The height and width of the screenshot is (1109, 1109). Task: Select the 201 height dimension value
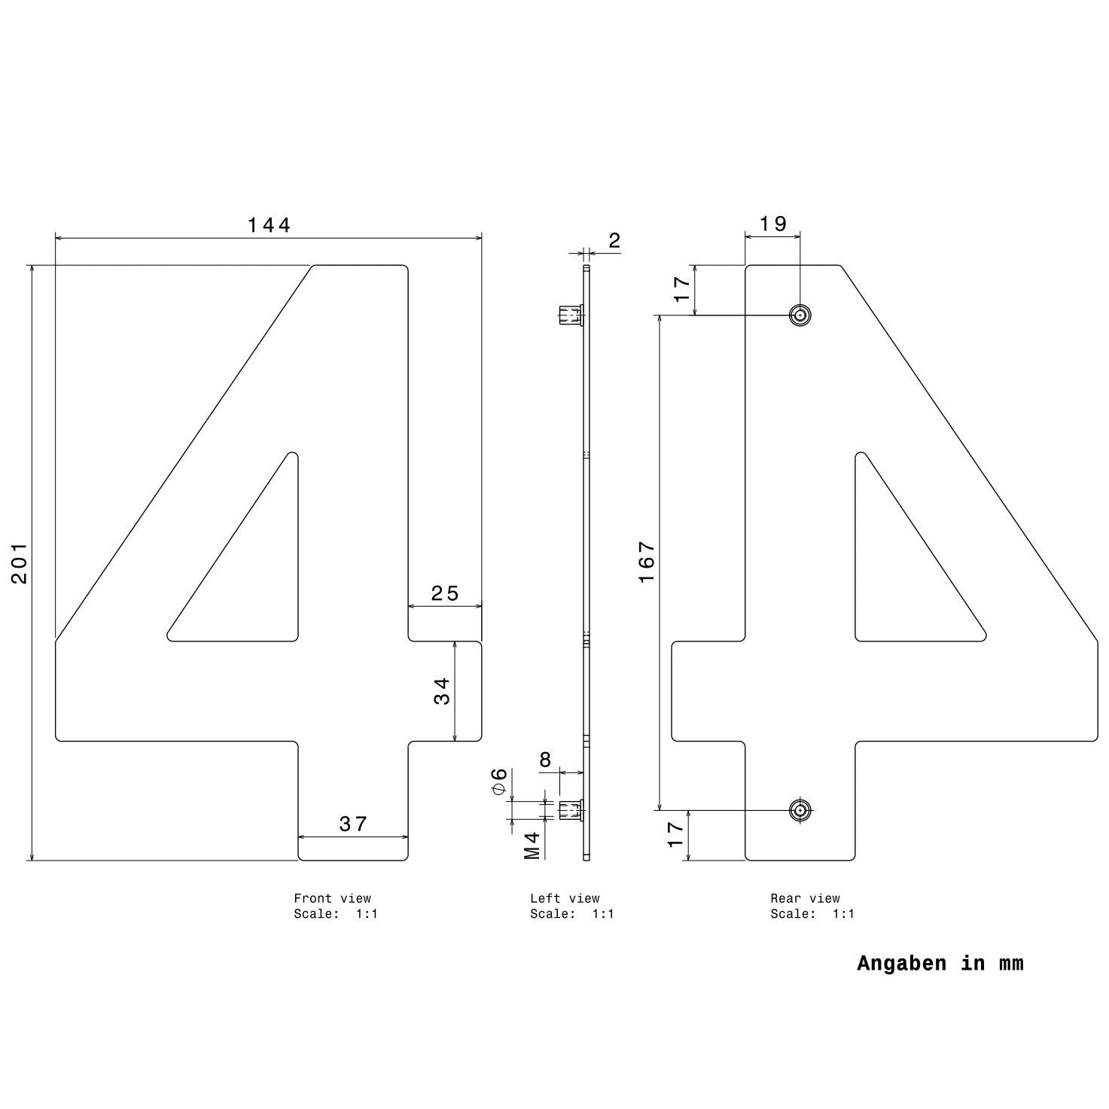click(x=20, y=562)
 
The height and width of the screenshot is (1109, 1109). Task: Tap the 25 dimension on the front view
click(x=445, y=593)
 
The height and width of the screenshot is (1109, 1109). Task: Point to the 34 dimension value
click(x=441, y=691)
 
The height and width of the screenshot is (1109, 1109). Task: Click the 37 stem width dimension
click(x=353, y=824)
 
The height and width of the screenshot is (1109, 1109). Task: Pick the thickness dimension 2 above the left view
click(x=614, y=241)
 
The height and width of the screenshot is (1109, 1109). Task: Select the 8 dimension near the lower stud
click(x=545, y=760)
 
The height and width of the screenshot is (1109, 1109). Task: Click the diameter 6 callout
click(x=499, y=781)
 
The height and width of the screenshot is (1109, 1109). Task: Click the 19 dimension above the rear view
click(x=772, y=224)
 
